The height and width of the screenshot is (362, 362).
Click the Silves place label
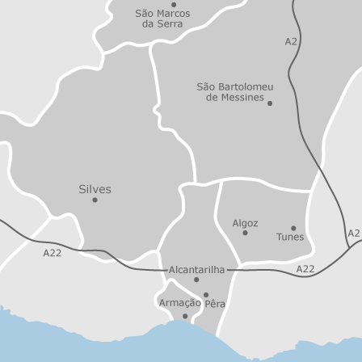tap(95, 188)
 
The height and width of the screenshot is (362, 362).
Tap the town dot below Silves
tap(95, 200)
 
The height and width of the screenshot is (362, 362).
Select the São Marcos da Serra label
tap(162, 19)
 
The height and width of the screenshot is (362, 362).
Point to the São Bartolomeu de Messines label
tap(234, 91)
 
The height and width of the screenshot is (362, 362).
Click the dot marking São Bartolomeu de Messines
tap(270, 103)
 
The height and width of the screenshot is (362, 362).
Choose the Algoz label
tap(245, 222)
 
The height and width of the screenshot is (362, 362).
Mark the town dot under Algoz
tap(245, 233)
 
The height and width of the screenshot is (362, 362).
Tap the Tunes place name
tap(290, 238)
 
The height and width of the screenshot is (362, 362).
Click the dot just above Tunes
tap(293, 228)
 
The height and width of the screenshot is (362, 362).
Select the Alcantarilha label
tap(196, 268)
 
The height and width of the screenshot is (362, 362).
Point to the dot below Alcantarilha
tap(196, 280)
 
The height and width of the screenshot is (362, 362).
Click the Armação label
tap(179, 302)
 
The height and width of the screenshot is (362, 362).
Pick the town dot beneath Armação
tap(184, 316)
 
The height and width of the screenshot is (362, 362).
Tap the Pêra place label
tap(215, 305)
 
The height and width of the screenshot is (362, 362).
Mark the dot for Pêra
tap(205, 295)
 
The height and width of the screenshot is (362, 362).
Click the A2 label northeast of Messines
tap(291, 41)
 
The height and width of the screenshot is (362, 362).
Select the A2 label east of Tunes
tap(354, 234)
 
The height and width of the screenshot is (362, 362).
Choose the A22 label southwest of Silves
tap(52, 253)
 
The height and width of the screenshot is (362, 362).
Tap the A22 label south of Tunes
tap(305, 269)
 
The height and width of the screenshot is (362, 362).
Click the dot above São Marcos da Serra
tap(173, 4)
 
